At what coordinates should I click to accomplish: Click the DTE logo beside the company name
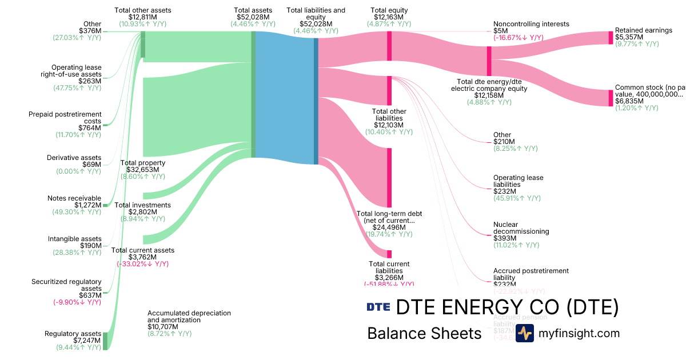coord(378,307)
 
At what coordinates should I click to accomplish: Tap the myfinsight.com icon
coord(524,333)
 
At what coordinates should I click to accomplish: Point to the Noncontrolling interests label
coord(531,24)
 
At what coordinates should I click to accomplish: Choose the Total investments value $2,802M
coord(142,212)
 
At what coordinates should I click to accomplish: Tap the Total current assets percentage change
coord(142,264)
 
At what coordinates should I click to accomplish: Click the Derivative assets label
coord(74,158)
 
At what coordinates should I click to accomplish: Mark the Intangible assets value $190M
coord(90,246)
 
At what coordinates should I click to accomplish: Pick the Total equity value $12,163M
coord(389,18)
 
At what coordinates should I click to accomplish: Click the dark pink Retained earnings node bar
coord(611,38)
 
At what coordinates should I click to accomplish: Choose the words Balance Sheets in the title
coord(424,333)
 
